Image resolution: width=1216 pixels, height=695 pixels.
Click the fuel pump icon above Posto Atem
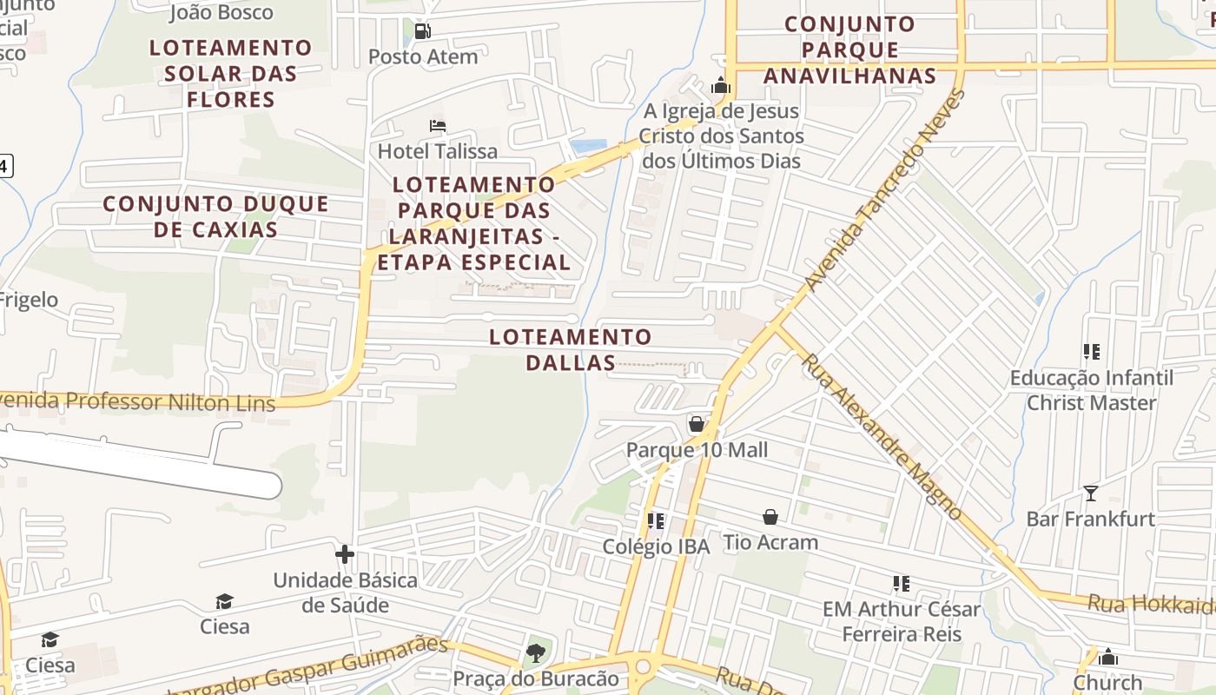point(423,32)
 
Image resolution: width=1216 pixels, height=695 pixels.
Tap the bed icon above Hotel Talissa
point(438,126)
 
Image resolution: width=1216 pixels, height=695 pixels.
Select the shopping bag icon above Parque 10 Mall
point(697,424)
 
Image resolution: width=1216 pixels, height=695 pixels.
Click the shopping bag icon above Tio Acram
point(770,517)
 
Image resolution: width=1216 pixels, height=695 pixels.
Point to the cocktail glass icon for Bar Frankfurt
point(1091,493)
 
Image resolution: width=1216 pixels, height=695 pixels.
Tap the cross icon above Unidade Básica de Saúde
point(345,554)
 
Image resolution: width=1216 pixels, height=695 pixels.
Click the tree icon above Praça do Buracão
point(536,652)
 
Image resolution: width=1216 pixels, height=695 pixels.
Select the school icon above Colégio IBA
point(656,521)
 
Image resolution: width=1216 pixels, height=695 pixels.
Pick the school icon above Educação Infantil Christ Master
point(1092,352)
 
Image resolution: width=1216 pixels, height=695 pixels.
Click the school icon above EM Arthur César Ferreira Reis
point(902,584)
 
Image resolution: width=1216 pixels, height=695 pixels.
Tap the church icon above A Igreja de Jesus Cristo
point(721,86)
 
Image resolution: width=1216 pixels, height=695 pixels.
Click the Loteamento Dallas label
point(570,349)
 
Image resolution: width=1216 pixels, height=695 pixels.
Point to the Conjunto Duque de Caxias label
point(216,217)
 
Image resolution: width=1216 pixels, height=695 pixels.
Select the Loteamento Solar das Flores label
point(231,73)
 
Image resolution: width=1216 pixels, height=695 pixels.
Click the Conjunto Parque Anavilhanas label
point(849,50)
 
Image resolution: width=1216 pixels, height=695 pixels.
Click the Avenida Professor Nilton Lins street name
point(139,401)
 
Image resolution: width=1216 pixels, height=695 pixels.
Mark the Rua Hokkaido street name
point(1151,604)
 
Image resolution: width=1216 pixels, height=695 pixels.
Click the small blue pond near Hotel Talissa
point(588,146)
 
